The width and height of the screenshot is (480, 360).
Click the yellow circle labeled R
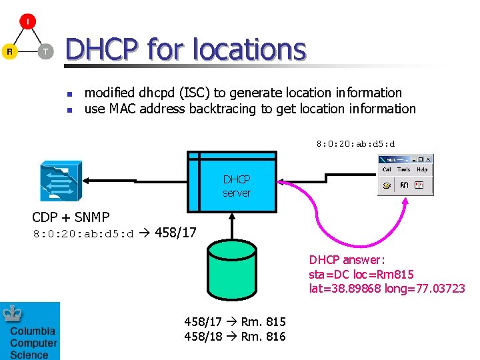click(x=9, y=51)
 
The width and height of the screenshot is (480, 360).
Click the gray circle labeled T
click(x=45, y=51)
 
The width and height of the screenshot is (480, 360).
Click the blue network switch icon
click(x=61, y=181)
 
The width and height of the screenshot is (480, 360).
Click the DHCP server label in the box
click(x=237, y=186)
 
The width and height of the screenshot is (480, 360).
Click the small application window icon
click(x=405, y=175)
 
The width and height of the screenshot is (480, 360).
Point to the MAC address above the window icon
click(x=355, y=143)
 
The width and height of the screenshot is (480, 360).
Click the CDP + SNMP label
click(x=71, y=217)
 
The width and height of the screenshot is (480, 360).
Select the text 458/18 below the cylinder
click(x=203, y=337)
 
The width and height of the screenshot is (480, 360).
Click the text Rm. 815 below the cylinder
click(x=263, y=322)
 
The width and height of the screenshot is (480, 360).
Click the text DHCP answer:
click(x=347, y=260)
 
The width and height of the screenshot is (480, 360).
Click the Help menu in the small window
click(x=421, y=169)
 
